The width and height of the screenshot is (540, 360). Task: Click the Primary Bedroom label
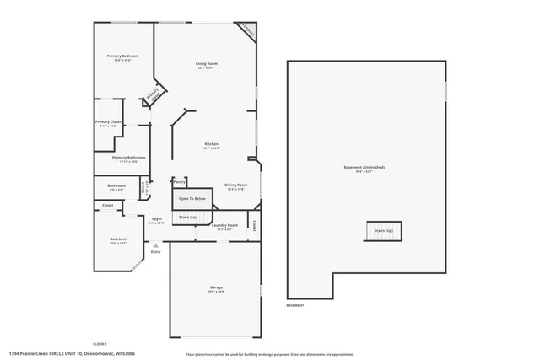pos(122,56)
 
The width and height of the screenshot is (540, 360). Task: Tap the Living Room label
pos(207,64)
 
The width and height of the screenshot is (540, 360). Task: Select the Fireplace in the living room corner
pos(247,31)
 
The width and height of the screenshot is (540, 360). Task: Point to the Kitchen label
pos(211,145)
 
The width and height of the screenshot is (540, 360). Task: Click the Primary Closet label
pos(108,122)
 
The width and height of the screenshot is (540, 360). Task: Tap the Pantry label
pos(179,181)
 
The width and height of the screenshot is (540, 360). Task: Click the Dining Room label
pos(235,185)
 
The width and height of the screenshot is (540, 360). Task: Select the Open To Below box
pos(192,199)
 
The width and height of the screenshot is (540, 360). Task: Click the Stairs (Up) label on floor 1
pos(187,218)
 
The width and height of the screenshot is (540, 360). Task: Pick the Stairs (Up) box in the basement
pos(383,230)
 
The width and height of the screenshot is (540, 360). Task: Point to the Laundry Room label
pos(224,227)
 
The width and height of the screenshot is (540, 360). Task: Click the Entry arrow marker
pos(155,246)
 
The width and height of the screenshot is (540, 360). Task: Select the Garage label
pos(216,289)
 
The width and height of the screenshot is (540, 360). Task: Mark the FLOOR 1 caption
pos(100,344)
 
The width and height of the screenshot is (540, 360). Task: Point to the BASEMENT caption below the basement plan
pos(295,304)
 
